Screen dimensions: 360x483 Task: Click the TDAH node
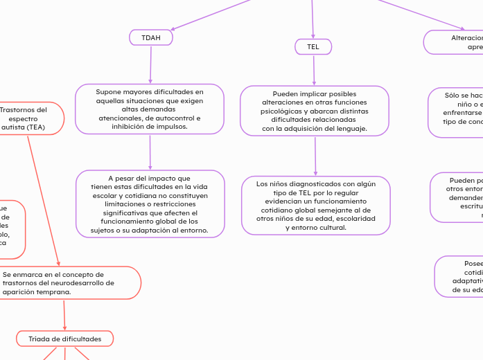(x=150, y=37)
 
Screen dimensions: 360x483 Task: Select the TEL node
(x=313, y=46)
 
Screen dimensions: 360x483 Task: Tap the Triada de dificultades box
(x=64, y=339)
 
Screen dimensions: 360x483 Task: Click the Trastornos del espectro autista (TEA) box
(x=26, y=118)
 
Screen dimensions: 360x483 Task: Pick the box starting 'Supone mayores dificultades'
(x=150, y=109)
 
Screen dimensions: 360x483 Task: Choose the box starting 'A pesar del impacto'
(x=150, y=204)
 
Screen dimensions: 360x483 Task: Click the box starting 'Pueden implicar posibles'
(x=315, y=111)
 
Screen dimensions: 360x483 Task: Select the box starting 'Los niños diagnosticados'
(x=315, y=206)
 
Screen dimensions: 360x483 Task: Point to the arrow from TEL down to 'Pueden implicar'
(x=314, y=70)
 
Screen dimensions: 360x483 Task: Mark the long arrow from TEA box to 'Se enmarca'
(x=43, y=201)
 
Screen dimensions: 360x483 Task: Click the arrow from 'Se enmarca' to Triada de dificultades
(x=64, y=315)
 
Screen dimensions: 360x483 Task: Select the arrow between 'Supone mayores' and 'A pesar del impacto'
(x=150, y=152)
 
